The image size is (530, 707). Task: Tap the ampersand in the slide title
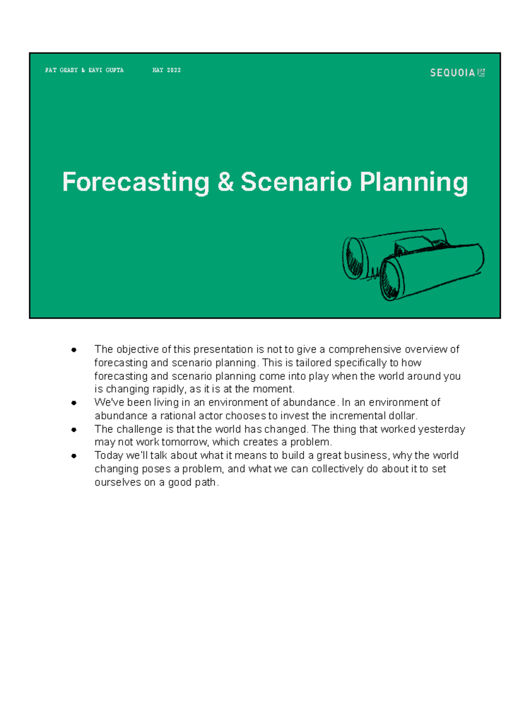225,182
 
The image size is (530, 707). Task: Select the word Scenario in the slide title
296,182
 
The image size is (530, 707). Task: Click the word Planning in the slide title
413,182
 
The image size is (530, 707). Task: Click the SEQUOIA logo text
452,73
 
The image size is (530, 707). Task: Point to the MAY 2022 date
167,70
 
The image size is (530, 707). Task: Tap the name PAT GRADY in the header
61,70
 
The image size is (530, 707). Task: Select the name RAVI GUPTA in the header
106,70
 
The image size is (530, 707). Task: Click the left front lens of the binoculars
354,258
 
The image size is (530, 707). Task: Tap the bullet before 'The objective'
74,350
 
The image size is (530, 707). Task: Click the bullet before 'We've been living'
74,403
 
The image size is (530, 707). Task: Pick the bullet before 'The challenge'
74,429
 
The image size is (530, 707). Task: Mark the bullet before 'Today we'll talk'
74,456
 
